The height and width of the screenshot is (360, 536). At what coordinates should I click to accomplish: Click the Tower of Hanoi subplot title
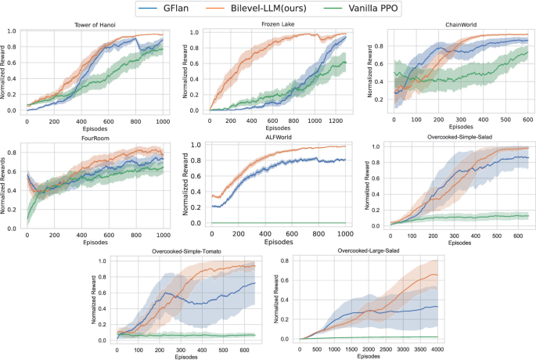click(x=96, y=25)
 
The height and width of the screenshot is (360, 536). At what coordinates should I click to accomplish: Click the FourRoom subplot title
click(x=95, y=139)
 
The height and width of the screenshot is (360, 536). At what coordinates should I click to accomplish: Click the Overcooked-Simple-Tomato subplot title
click(x=192, y=253)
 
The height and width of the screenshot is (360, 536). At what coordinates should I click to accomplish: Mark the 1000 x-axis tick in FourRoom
click(x=162, y=235)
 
